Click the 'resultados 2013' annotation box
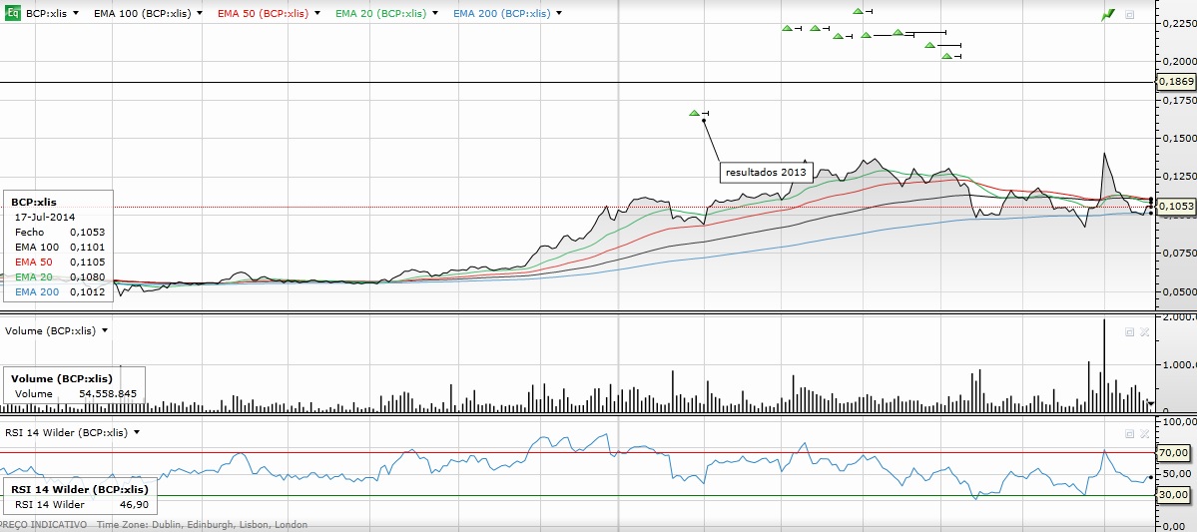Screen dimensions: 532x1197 (x=766, y=172)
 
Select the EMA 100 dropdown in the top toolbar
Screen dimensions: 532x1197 (x=146, y=14)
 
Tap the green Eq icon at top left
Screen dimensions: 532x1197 (x=13, y=14)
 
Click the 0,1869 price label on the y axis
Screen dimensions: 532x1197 (x=1176, y=81)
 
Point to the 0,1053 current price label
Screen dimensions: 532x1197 (x=1176, y=206)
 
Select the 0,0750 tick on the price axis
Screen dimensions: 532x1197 (x=1176, y=254)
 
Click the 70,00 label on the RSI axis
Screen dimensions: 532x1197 (x=1173, y=452)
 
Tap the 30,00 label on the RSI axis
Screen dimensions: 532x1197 (x=1173, y=494)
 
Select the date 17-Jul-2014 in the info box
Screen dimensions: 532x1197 (x=45, y=217)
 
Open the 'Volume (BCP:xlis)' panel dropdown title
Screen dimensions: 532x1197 (x=56, y=329)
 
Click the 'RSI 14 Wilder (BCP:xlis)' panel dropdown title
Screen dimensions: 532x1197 (x=71, y=432)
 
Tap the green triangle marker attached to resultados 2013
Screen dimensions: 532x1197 (x=695, y=113)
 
